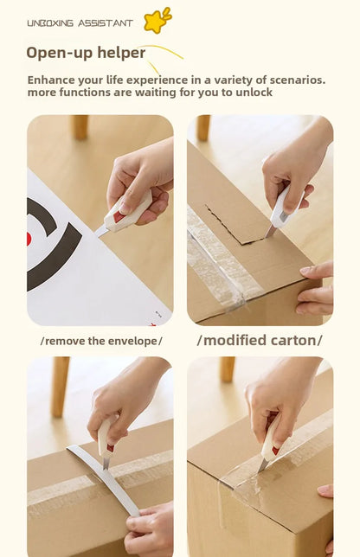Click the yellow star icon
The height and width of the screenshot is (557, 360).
tap(156, 21)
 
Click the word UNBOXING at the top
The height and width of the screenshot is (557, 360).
tap(50, 23)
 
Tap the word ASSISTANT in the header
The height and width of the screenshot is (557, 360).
tap(106, 23)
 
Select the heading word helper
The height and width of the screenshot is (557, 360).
tap(121, 53)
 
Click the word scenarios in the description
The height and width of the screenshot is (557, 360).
tap(297, 80)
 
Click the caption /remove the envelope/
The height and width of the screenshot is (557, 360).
tap(101, 341)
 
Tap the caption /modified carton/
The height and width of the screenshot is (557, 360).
tap(260, 340)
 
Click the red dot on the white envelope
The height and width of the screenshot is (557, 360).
tap(29, 239)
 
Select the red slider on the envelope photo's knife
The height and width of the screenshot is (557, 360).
tap(119, 216)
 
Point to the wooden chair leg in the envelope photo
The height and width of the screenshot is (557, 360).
tap(80, 127)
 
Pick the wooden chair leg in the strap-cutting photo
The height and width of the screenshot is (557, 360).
tap(60, 387)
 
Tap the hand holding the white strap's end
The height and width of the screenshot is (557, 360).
tap(150, 529)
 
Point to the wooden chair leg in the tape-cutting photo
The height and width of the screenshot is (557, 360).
tap(227, 369)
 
